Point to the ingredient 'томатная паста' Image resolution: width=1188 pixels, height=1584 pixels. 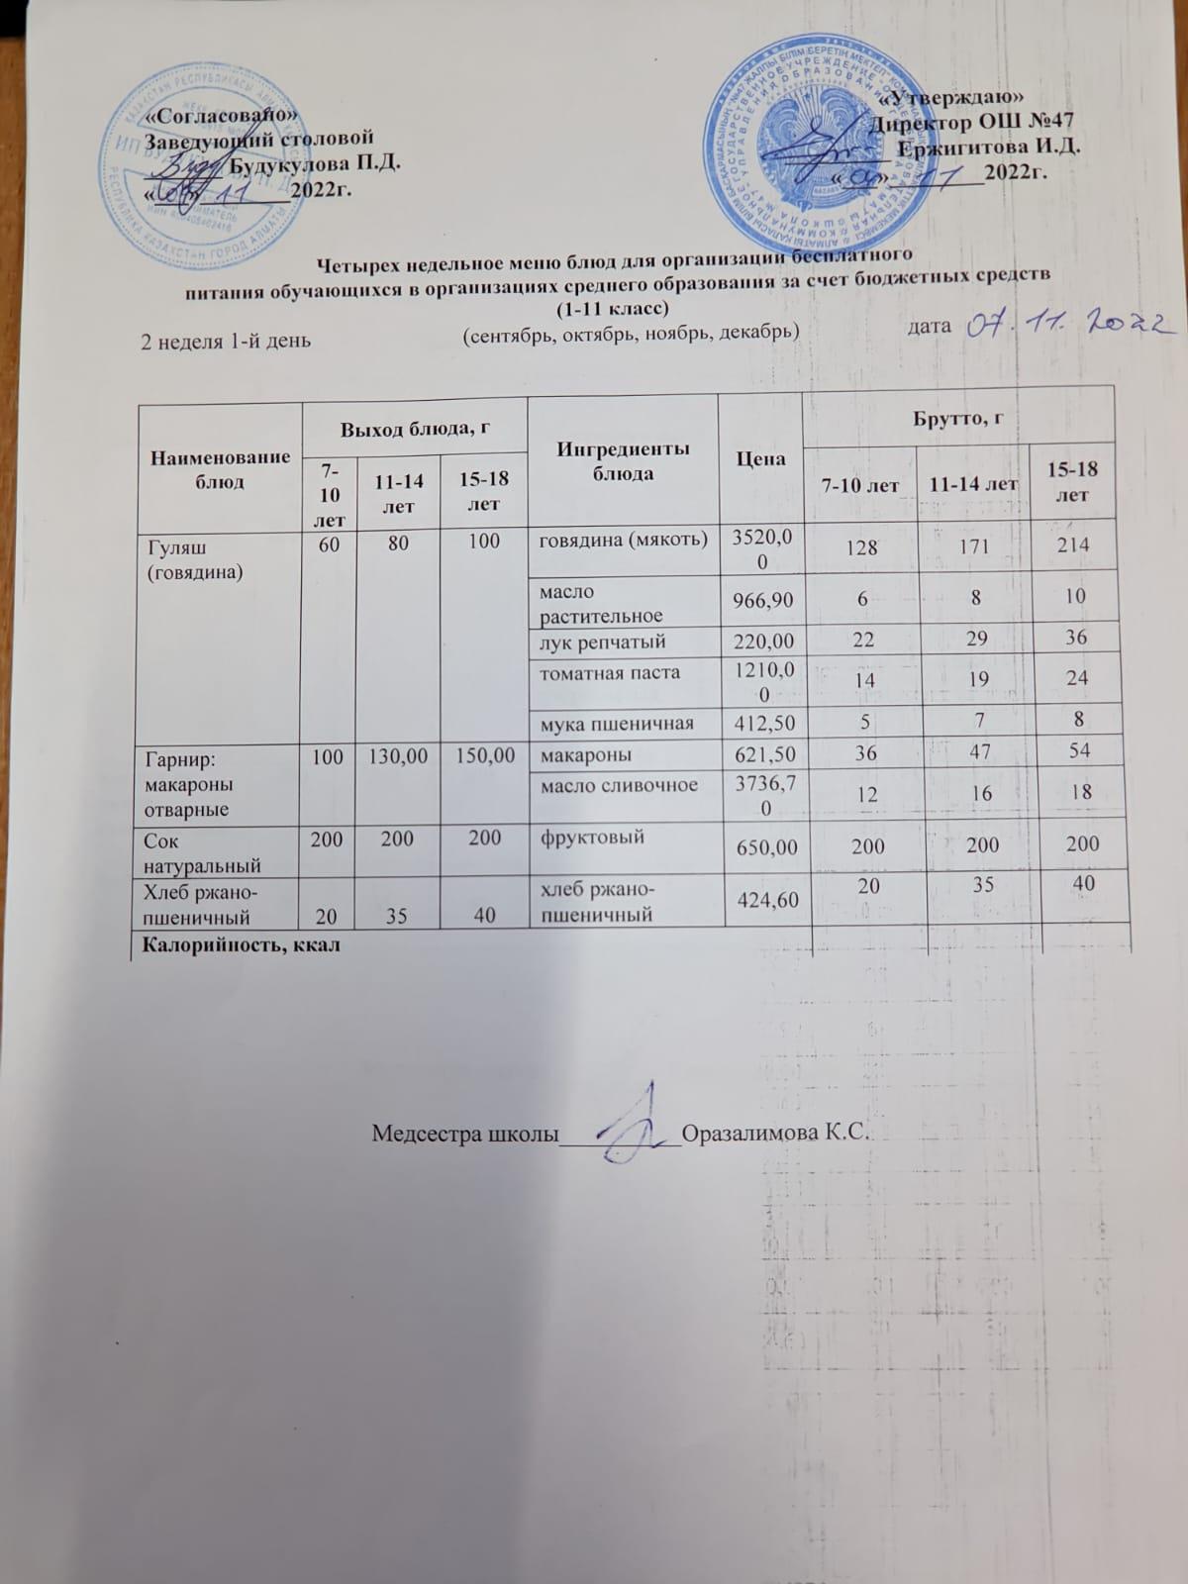tap(609, 673)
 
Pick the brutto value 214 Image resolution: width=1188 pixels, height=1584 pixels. tap(1072, 544)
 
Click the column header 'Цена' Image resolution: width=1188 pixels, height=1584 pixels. tap(761, 458)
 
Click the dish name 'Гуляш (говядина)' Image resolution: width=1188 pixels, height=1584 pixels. tap(194, 558)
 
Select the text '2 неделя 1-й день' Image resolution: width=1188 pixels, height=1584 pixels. tap(227, 342)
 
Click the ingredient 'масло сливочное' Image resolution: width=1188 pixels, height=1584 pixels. tap(619, 785)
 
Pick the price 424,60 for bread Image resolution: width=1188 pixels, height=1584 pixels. tap(761, 899)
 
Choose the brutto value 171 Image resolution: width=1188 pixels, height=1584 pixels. tap(976, 544)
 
